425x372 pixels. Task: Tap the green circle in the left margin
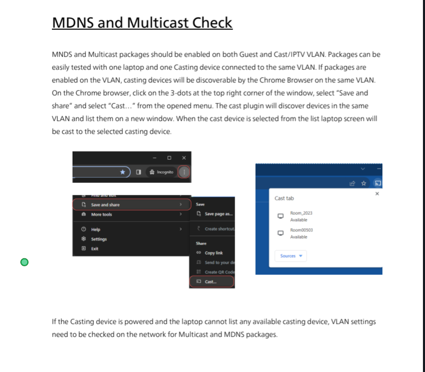tap(24, 263)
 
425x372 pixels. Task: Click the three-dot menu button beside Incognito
tap(184, 172)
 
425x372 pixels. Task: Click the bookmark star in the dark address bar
tap(122, 172)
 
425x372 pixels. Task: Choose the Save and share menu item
tap(105, 205)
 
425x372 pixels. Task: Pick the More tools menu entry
tap(101, 215)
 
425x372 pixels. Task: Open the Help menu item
tap(96, 230)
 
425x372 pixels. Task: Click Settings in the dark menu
tap(99, 239)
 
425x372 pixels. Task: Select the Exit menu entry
tap(95, 249)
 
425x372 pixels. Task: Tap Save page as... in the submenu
tap(219, 214)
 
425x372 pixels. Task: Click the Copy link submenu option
tap(214, 253)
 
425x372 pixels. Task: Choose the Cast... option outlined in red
tap(211, 282)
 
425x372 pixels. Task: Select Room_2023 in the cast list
tap(301, 213)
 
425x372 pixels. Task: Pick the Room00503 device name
tap(302, 230)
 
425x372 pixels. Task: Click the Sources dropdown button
tap(291, 256)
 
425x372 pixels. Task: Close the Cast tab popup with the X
tap(377, 194)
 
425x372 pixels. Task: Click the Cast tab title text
tap(284, 198)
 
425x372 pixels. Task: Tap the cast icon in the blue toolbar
tap(377, 182)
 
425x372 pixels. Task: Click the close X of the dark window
tap(184, 158)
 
